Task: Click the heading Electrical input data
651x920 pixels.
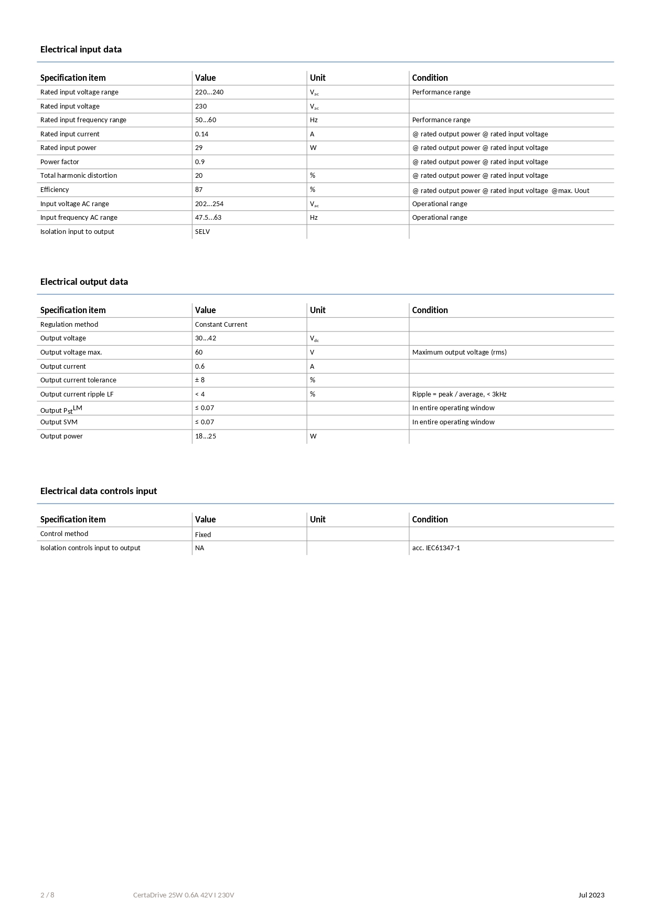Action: [81, 49]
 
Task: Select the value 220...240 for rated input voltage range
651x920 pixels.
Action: [209, 92]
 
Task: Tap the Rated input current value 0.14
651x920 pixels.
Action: [201, 134]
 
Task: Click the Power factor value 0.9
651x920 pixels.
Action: [200, 162]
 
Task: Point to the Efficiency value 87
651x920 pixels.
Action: [199, 190]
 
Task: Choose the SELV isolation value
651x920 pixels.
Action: [202, 232]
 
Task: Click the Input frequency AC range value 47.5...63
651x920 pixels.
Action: [208, 218]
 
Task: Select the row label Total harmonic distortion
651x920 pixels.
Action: [79, 176]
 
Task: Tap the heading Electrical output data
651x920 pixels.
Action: [84, 282]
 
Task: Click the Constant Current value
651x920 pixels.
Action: [221, 325]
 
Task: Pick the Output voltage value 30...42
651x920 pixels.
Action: [206, 338]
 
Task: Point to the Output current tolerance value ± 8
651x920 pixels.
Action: [200, 380]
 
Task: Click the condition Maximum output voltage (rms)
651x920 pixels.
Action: [459, 352]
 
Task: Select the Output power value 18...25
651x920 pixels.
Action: [206, 436]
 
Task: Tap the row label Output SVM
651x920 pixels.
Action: [59, 422]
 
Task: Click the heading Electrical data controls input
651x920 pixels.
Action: [99, 491]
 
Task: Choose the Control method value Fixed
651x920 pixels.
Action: [203, 535]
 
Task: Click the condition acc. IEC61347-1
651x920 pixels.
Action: [436, 548]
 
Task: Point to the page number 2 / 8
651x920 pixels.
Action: [47, 895]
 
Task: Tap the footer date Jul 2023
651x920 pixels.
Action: [591, 895]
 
